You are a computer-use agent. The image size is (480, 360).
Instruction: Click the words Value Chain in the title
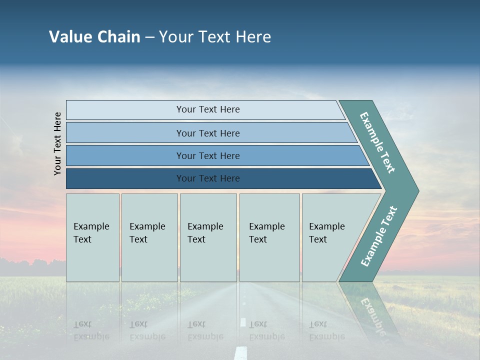(94, 36)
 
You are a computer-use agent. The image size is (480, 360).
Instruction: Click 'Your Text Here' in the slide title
(214, 36)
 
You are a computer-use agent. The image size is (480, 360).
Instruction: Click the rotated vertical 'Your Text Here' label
(57, 143)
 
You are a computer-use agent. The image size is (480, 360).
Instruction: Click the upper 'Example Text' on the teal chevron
(377, 142)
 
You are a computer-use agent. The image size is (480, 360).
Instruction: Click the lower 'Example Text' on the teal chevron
(378, 236)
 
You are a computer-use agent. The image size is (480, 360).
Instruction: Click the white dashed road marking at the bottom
(241, 352)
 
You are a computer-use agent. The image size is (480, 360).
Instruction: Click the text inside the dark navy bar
(208, 178)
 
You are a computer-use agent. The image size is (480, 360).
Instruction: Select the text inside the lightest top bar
(208, 109)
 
